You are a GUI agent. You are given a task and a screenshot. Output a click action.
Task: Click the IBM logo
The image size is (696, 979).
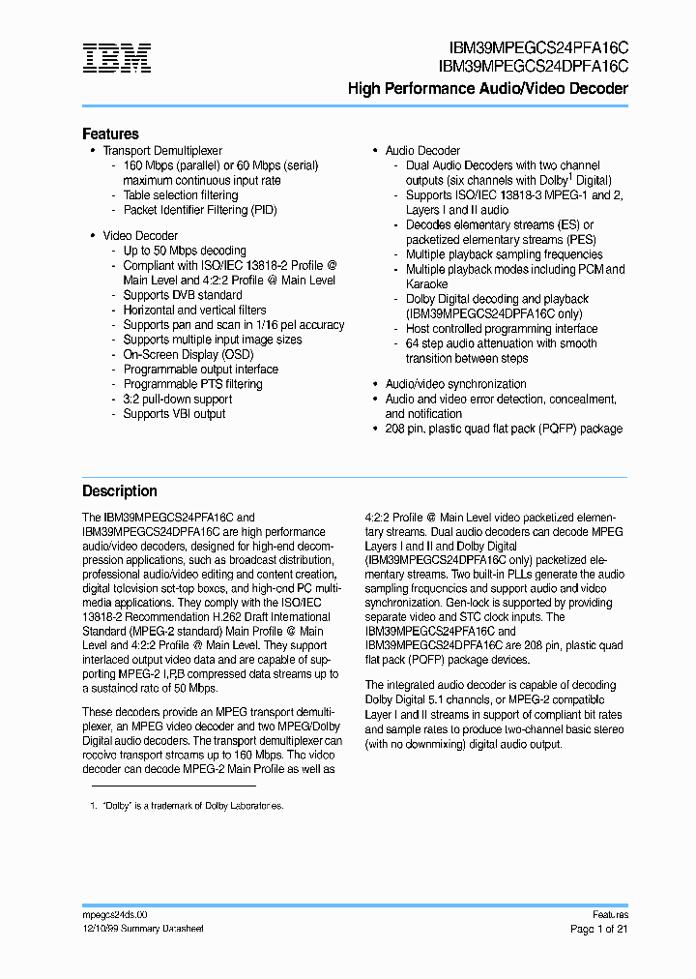click(116, 58)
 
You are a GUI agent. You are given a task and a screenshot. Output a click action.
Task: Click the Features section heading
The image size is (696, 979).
click(110, 133)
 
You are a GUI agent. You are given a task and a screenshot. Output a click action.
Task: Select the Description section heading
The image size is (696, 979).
click(119, 490)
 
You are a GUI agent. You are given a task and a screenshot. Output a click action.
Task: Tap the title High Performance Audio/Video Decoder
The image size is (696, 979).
click(487, 89)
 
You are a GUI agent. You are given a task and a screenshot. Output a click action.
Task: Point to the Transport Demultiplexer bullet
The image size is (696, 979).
click(162, 151)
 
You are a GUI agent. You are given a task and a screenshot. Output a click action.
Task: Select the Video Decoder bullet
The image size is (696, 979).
click(140, 235)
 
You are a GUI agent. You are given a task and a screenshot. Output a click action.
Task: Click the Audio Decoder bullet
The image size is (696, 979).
click(422, 151)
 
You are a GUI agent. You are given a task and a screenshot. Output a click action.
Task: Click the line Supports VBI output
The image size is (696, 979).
click(174, 414)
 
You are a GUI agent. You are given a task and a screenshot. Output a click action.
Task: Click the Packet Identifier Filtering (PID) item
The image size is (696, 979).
click(200, 210)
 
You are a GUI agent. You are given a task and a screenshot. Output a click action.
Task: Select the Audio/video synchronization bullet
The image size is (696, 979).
click(455, 384)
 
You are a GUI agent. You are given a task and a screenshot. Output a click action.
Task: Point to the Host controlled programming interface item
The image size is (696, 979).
click(501, 329)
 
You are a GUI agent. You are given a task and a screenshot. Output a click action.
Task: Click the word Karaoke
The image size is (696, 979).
click(426, 284)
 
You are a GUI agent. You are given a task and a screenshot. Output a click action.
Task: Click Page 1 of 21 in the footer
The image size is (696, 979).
click(598, 929)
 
